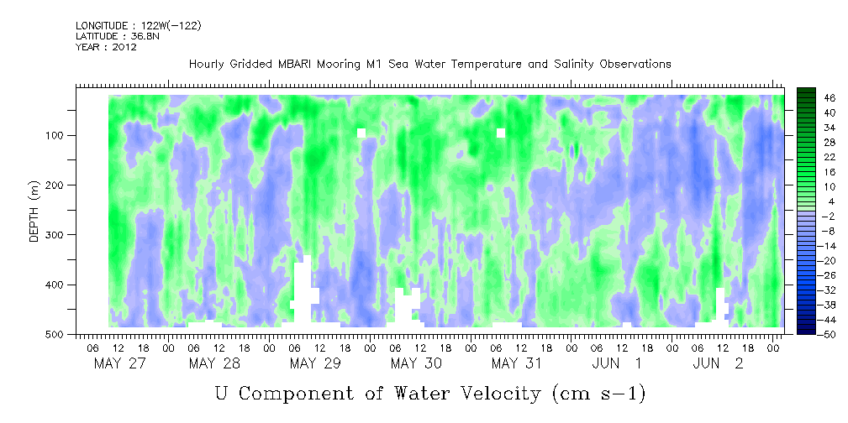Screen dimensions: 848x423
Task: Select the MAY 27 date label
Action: click(x=119, y=363)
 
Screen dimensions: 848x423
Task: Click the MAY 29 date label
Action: click(x=315, y=363)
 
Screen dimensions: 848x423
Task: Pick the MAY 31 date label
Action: click(x=517, y=363)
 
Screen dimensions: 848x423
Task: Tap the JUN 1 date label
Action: click(x=617, y=363)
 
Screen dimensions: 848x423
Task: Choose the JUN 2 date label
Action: click(x=719, y=363)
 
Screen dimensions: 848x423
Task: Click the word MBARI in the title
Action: click(x=297, y=65)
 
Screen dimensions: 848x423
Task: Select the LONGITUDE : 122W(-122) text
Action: click(x=139, y=25)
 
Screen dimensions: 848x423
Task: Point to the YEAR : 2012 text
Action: click(x=106, y=46)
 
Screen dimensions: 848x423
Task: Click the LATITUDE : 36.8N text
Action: click(x=118, y=36)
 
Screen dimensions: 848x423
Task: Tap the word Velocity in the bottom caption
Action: click(x=493, y=394)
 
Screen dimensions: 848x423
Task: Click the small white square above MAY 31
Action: click(x=501, y=133)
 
